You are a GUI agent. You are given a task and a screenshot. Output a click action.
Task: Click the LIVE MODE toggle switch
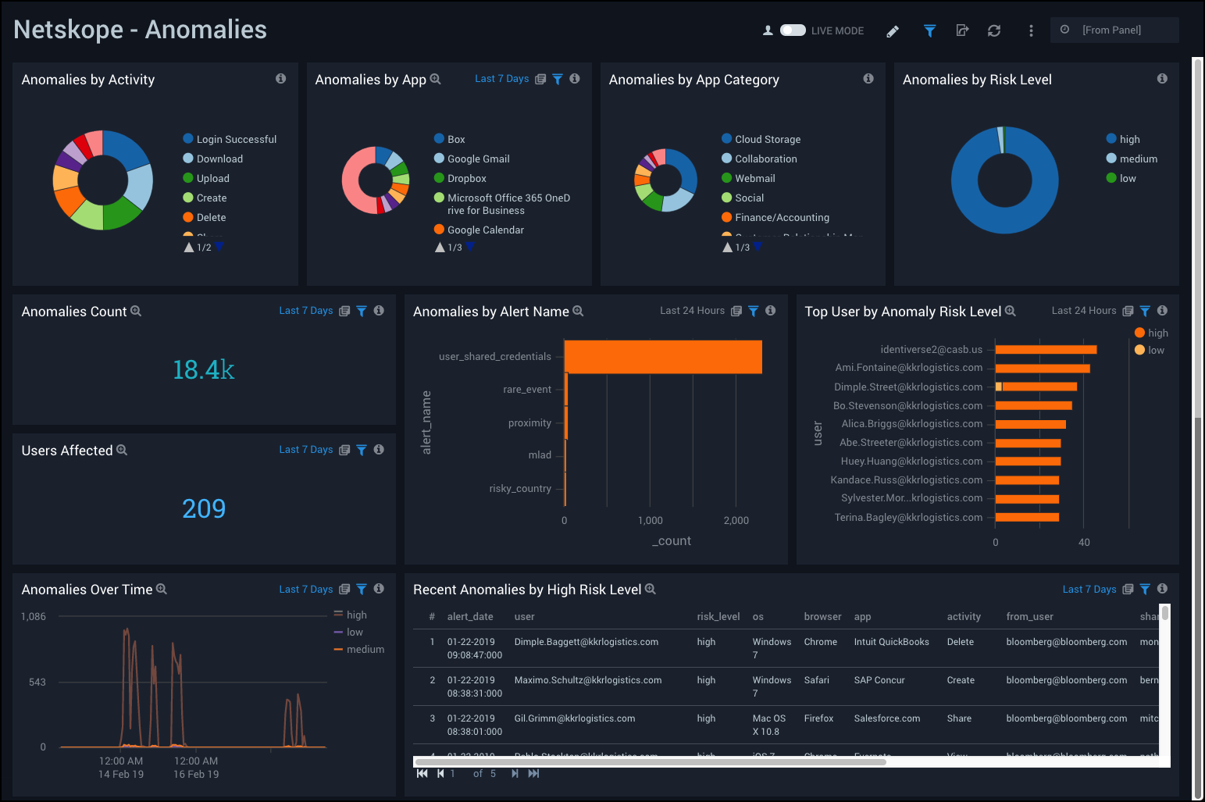pyautogui.click(x=793, y=30)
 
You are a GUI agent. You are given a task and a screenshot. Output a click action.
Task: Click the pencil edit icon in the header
pyautogui.click(x=893, y=31)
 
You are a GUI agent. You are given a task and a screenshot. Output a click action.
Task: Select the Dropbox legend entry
pyautogui.click(x=466, y=179)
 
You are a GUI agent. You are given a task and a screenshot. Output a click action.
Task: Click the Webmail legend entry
pyautogui.click(x=754, y=179)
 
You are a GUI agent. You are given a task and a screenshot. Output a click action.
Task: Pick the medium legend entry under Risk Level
pyautogui.click(x=1138, y=159)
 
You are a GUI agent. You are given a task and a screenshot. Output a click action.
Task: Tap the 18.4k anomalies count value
pyautogui.click(x=203, y=369)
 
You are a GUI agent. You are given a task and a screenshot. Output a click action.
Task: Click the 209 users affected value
pyautogui.click(x=203, y=508)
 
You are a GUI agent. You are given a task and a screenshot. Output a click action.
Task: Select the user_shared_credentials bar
pyautogui.click(x=662, y=357)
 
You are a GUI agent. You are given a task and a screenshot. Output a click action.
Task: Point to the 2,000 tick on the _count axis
pyautogui.click(x=736, y=521)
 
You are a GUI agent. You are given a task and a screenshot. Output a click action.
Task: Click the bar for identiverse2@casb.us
pyautogui.click(x=1045, y=350)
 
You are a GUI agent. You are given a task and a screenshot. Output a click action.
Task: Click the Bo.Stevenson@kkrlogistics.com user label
pyautogui.click(x=907, y=406)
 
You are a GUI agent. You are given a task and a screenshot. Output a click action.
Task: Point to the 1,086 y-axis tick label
pyautogui.click(x=34, y=617)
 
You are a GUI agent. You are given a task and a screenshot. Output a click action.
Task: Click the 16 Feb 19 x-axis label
pyautogui.click(x=196, y=775)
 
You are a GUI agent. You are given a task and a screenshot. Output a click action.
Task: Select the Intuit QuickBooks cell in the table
pyautogui.click(x=891, y=642)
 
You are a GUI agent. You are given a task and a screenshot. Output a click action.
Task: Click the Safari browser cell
pyautogui.click(x=816, y=680)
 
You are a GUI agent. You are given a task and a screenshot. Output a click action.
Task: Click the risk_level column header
pyautogui.click(x=718, y=617)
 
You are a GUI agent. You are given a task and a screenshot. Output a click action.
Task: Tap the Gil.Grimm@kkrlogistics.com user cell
pyautogui.click(x=574, y=718)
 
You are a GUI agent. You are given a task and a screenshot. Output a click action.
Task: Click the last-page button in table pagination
pyautogui.click(x=533, y=774)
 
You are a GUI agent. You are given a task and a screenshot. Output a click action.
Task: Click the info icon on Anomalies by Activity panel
pyautogui.click(x=280, y=79)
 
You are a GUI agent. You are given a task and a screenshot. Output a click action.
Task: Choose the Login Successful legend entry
pyautogui.click(x=236, y=140)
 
